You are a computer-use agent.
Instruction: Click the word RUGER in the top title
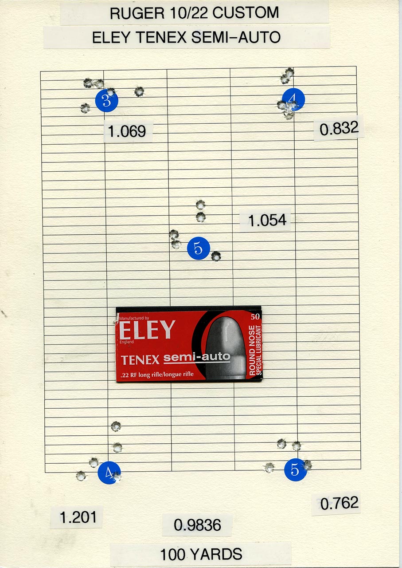pyautogui.click(x=137, y=13)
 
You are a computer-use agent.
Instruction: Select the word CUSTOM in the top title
pyautogui.click(x=246, y=13)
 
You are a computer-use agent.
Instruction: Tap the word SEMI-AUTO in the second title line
pyautogui.click(x=236, y=37)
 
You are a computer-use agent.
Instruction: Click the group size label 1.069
pyautogui.click(x=127, y=131)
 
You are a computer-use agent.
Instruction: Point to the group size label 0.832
pyautogui.click(x=339, y=128)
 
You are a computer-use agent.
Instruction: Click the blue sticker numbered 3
pyautogui.click(x=107, y=101)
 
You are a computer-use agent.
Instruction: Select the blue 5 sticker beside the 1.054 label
pyautogui.click(x=199, y=248)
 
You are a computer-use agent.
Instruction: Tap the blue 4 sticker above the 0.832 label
pyautogui.click(x=293, y=100)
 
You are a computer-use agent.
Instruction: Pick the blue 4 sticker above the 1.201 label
pyautogui.click(x=109, y=473)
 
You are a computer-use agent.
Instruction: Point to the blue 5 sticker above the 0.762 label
pyautogui.click(x=295, y=469)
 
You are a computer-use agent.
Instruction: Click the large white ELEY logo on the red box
pyautogui.click(x=147, y=329)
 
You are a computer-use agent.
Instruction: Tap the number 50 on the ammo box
pyautogui.click(x=255, y=317)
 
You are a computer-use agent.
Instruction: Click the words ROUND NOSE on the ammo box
pyautogui.click(x=252, y=350)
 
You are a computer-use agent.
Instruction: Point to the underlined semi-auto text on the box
pyautogui.click(x=197, y=357)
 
